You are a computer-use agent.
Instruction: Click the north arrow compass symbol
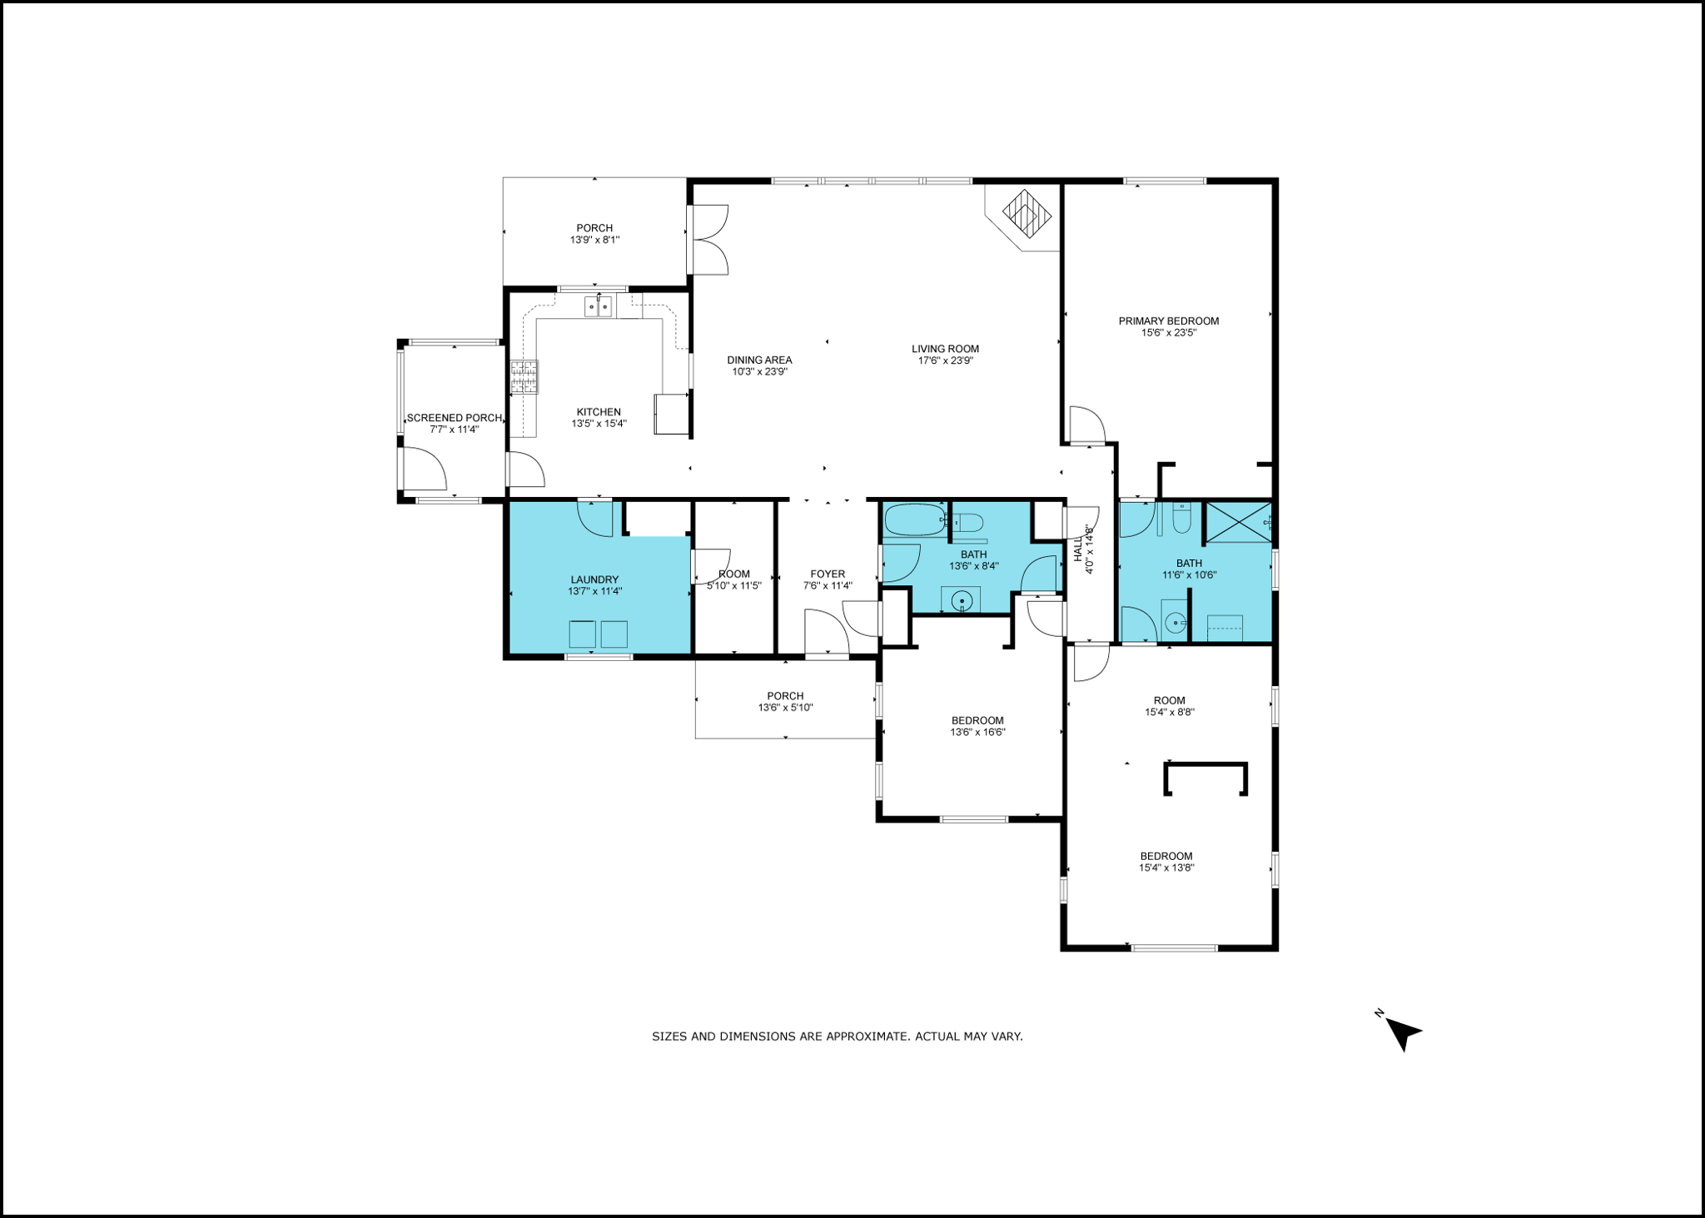click(x=1404, y=1033)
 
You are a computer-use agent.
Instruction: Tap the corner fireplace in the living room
click(x=1026, y=214)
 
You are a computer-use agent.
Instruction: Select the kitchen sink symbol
click(x=598, y=306)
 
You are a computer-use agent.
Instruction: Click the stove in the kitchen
click(x=524, y=376)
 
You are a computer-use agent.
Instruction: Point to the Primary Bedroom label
click(x=1168, y=321)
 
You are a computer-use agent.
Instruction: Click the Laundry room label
click(x=594, y=579)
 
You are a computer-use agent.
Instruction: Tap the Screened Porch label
click(x=454, y=418)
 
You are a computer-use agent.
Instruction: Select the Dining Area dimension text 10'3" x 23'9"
click(x=759, y=372)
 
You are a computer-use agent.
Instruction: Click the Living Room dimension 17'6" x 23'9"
click(x=945, y=361)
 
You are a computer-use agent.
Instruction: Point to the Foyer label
click(x=828, y=574)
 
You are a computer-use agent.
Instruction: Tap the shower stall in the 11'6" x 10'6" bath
click(x=1238, y=522)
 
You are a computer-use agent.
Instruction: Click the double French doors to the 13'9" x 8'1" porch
click(x=708, y=240)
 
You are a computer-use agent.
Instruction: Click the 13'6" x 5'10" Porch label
click(x=785, y=696)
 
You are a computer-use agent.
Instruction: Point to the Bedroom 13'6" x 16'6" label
click(x=977, y=720)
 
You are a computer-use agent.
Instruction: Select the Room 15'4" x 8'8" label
click(x=1169, y=700)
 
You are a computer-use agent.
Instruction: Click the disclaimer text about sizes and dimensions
click(x=837, y=1037)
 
